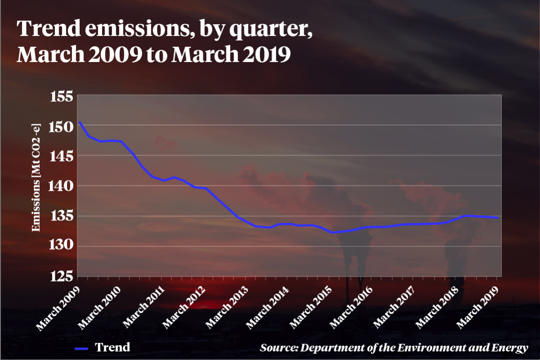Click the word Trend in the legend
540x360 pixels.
(x=112, y=347)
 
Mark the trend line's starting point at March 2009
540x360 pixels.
(x=80, y=122)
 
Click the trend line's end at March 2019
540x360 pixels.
(x=497, y=218)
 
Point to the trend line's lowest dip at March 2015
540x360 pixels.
(x=332, y=233)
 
